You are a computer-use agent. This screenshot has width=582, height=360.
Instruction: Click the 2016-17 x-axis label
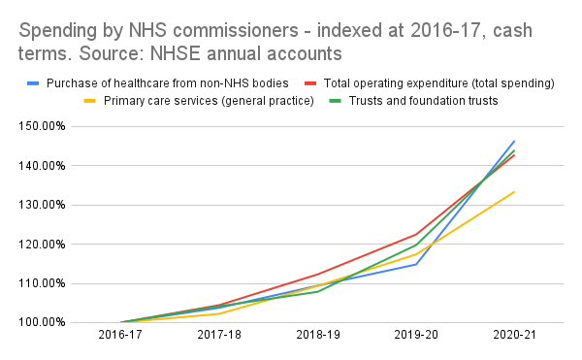click(x=122, y=335)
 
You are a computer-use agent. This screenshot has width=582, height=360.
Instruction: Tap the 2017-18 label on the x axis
click(x=220, y=335)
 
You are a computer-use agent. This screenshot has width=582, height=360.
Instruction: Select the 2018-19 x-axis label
click(x=318, y=335)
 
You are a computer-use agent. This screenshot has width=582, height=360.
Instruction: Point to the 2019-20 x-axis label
click(x=416, y=335)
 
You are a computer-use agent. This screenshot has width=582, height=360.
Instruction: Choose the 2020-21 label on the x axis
click(x=514, y=335)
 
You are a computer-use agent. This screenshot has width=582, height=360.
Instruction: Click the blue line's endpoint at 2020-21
click(x=514, y=141)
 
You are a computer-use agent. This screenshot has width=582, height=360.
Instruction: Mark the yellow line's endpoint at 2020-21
click(x=514, y=192)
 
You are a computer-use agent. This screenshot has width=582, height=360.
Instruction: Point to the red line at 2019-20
click(x=416, y=234)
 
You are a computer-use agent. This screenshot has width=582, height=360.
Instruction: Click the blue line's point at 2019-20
click(x=416, y=264)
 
